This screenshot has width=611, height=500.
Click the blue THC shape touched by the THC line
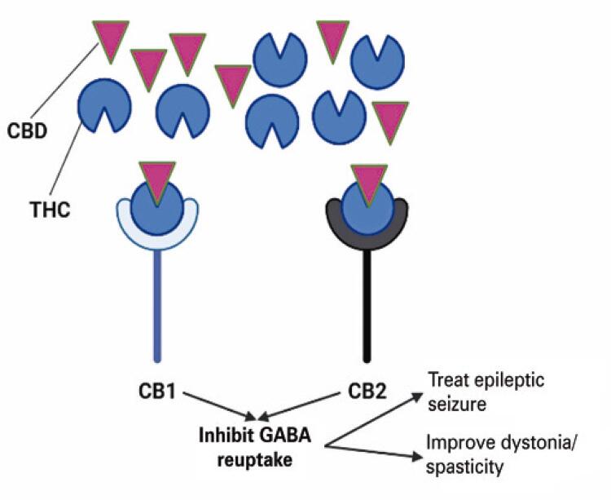103,107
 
